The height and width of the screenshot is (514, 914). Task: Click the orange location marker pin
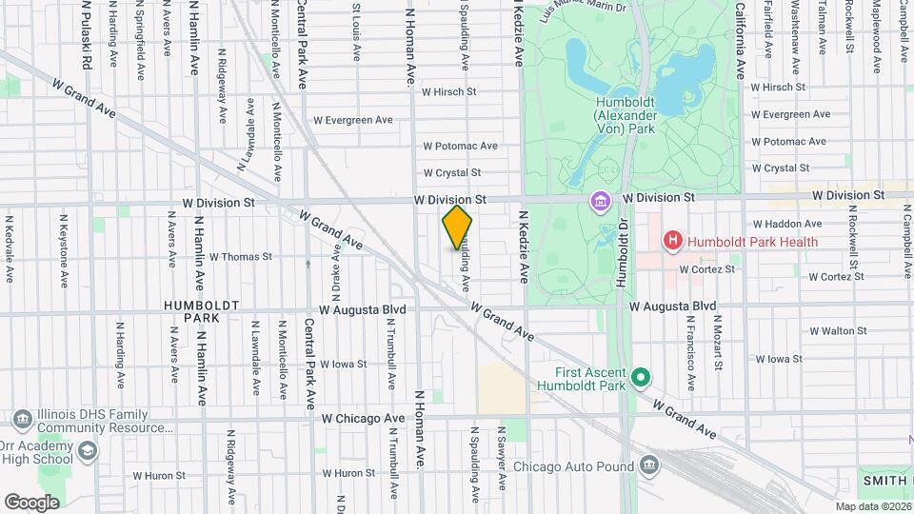pos(457,227)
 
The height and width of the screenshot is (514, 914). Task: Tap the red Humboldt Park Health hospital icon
pos(673,242)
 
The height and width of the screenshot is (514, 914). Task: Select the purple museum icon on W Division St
pos(602,202)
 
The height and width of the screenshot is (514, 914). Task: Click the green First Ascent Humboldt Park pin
pos(641,378)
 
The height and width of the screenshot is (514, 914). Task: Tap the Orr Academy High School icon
pos(87,450)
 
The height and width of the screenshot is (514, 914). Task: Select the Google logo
pos(31,502)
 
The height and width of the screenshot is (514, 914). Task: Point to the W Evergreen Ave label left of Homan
pos(353,120)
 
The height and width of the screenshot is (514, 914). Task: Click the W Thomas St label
pos(240,257)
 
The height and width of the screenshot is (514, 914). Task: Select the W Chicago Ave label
pos(363,418)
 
